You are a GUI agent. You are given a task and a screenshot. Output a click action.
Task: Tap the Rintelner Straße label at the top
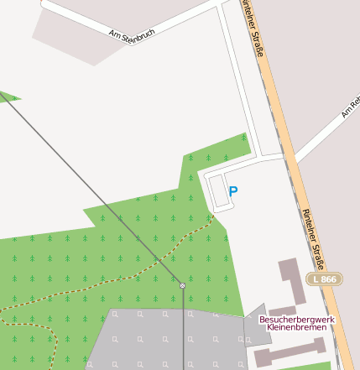(x=253, y=28)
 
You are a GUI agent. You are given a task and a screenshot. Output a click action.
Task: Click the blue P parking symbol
(x=233, y=191)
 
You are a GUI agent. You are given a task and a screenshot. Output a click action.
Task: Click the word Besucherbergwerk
(x=297, y=319)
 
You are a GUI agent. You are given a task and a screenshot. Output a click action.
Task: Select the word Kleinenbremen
(x=296, y=327)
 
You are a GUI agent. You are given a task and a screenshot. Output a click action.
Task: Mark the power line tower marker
(x=182, y=285)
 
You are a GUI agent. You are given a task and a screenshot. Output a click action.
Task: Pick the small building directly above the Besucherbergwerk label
(x=282, y=311)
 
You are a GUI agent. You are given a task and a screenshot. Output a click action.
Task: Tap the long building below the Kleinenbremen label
(x=289, y=352)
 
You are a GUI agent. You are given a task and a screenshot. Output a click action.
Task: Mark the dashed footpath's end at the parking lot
(x=213, y=215)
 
